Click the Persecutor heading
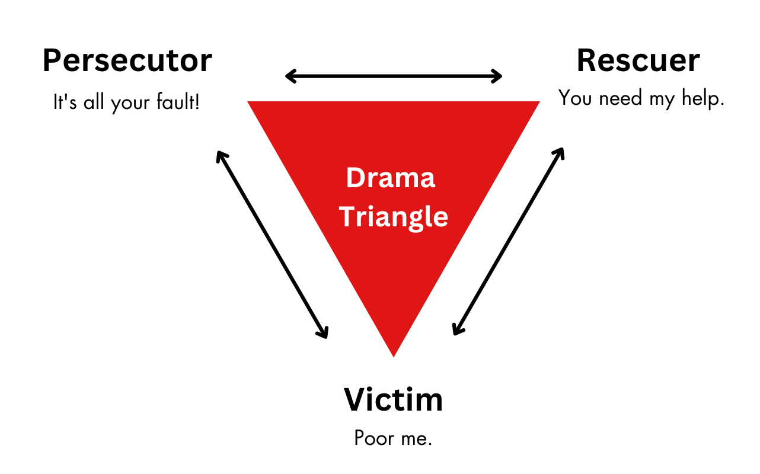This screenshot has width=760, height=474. click(127, 61)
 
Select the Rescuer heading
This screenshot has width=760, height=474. click(638, 61)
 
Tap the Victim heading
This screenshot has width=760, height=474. click(393, 400)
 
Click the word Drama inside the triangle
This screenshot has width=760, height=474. click(391, 178)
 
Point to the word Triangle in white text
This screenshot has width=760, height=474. click(394, 217)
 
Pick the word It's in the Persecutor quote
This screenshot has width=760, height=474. click(63, 103)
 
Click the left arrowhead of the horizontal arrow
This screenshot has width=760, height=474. click(288, 76)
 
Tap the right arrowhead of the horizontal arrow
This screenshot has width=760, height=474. click(499, 76)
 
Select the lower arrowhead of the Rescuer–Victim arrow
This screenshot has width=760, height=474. click(455, 332)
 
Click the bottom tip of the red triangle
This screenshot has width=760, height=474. click(393, 355)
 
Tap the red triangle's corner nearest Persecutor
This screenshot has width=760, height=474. click(250, 103)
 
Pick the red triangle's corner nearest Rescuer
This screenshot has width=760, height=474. click(537, 103)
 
